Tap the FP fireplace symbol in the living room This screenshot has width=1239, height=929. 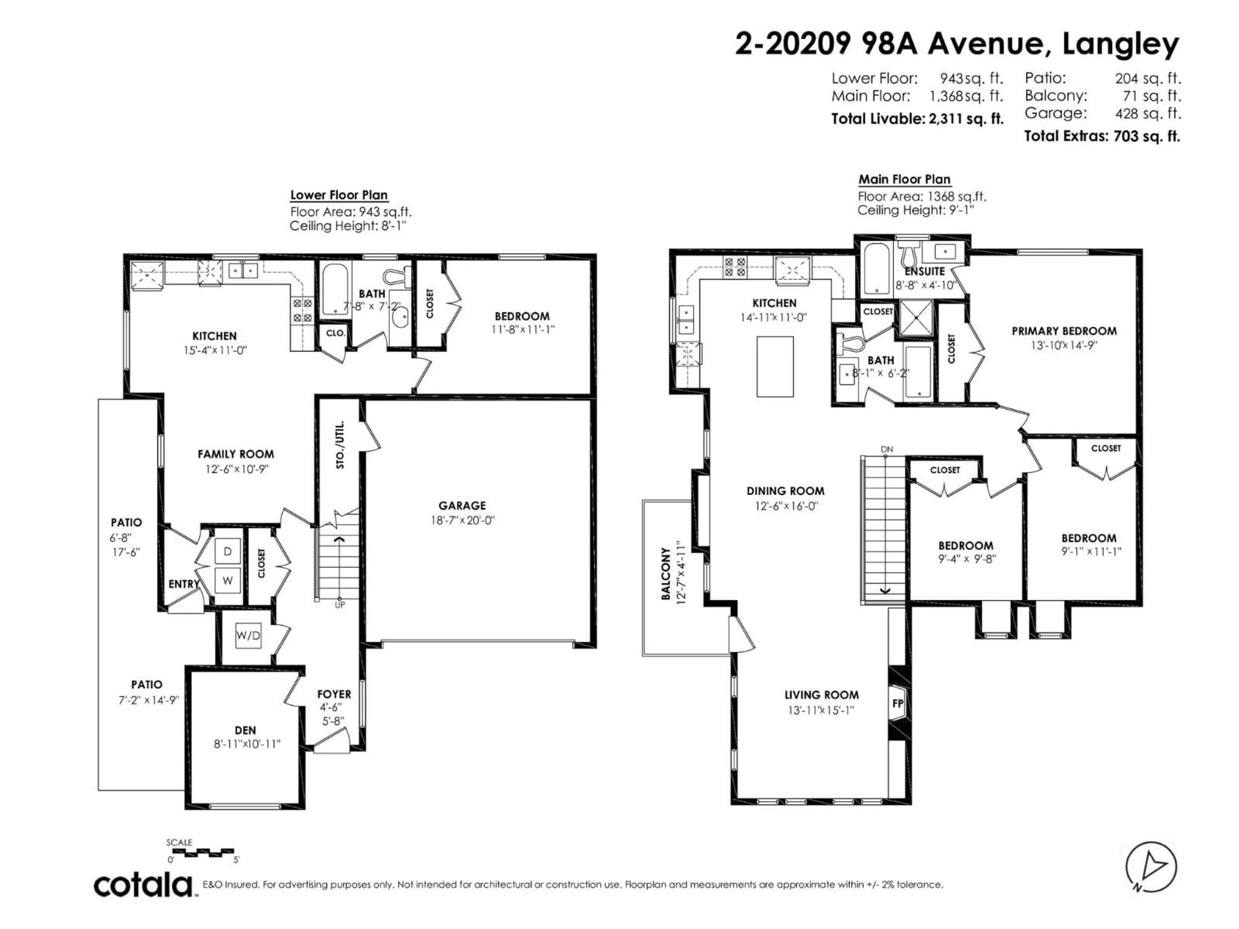(897, 703)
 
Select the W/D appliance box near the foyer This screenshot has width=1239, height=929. (248, 635)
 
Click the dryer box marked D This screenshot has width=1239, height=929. (227, 552)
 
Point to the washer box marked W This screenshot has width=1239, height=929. (227, 580)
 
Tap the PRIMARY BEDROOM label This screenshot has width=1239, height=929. (1064, 331)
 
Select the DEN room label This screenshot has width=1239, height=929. (245, 730)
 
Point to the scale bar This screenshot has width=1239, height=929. (202, 853)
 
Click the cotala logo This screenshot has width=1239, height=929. (143, 885)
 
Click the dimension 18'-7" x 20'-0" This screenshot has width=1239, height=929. (462, 520)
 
